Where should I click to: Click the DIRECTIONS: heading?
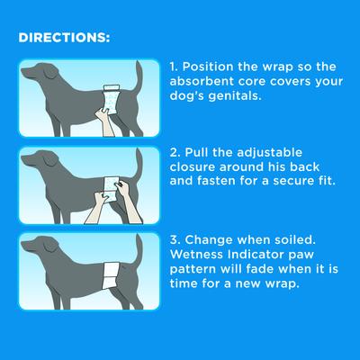tap(64, 40)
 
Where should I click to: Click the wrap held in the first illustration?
tap(112, 94)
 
